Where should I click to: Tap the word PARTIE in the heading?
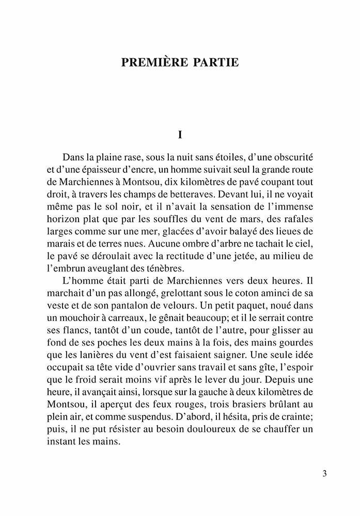[217, 62]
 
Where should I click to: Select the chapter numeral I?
[180, 135]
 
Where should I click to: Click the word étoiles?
[223, 156]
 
